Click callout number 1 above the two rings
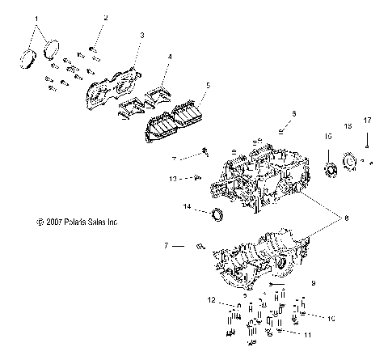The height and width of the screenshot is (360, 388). coord(35,17)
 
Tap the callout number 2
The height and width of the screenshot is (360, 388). coord(104,17)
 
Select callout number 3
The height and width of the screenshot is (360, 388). coord(141,36)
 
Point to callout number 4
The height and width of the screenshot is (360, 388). coord(169,57)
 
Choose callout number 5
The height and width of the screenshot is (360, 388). coord(208,83)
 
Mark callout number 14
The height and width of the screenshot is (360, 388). coord(187,207)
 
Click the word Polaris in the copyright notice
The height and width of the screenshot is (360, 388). coord(82,220)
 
